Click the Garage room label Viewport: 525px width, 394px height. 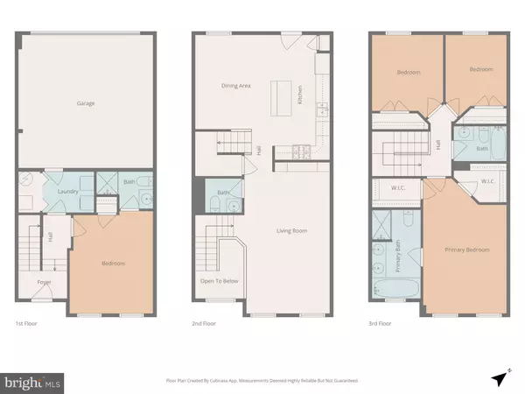[x=85, y=103]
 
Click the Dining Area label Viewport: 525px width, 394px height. [x=236, y=86]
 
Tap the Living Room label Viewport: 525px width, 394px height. [x=293, y=230]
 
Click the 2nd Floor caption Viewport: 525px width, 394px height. [x=204, y=323]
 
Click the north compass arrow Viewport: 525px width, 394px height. [x=500, y=378]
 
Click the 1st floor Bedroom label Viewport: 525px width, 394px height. [x=113, y=263]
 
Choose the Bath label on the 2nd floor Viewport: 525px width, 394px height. [x=223, y=193]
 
